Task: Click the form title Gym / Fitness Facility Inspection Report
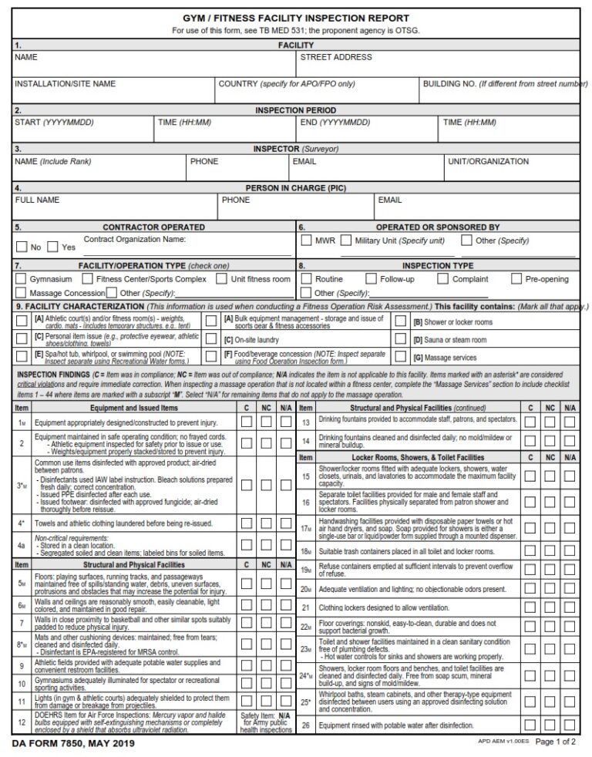coord(296,18)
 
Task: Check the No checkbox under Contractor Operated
coord(22,247)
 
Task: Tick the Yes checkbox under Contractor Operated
coord(53,247)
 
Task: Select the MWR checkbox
coord(306,241)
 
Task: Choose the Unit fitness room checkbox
coord(222,279)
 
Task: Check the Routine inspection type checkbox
coord(306,279)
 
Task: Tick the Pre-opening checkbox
coord(515,279)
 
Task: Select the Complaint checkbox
coord(442,279)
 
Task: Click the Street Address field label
coord(336,57)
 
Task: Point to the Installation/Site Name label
coord(66,83)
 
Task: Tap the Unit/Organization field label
coord(488,162)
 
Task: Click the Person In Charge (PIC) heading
coord(296,188)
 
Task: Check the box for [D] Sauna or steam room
coord(400,339)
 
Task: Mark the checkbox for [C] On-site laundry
coord(211,339)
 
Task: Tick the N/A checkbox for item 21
coord(570,607)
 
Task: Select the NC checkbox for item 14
coord(550,441)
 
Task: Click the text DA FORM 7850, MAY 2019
coord(73,744)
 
